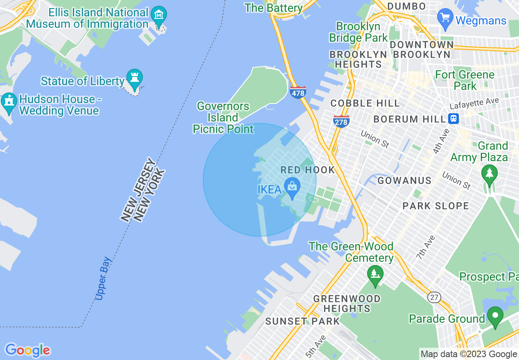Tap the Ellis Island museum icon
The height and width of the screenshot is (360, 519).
[158, 15]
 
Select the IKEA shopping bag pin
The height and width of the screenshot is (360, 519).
[292, 187]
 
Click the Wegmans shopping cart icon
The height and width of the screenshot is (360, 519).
[445, 19]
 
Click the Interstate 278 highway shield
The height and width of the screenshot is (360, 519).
[341, 122]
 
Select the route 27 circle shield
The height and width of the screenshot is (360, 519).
[434, 297]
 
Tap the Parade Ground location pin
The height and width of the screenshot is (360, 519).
[495, 316]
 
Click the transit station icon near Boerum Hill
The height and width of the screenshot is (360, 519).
[453, 119]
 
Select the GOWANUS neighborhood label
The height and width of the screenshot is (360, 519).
[404, 180]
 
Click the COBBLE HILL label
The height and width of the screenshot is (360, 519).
[365, 103]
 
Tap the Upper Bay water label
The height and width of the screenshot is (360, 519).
[103, 278]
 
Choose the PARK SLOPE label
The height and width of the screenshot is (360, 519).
[436, 206]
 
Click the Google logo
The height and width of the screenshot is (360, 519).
[27, 350]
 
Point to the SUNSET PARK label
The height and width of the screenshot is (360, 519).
[302, 321]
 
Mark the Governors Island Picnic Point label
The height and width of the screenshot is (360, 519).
[223, 118]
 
